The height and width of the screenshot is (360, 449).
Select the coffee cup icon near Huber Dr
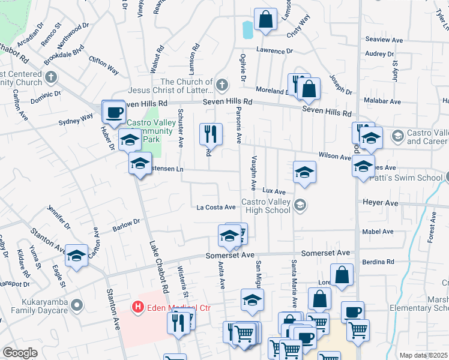tap(113, 111)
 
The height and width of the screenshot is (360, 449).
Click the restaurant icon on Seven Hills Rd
tap(297, 83)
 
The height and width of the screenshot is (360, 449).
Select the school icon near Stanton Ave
tap(76, 256)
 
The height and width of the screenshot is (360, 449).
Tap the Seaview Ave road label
tap(384, 40)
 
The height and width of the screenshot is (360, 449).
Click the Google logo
tap(20, 353)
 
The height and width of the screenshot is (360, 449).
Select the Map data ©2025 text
tap(423, 355)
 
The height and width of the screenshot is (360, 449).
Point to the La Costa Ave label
tap(216, 208)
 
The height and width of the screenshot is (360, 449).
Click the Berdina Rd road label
tap(378, 262)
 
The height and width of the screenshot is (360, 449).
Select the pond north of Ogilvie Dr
tap(247, 29)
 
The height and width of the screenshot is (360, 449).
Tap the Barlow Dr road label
tap(126, 225)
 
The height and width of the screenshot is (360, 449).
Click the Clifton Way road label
tap(104, 64)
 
